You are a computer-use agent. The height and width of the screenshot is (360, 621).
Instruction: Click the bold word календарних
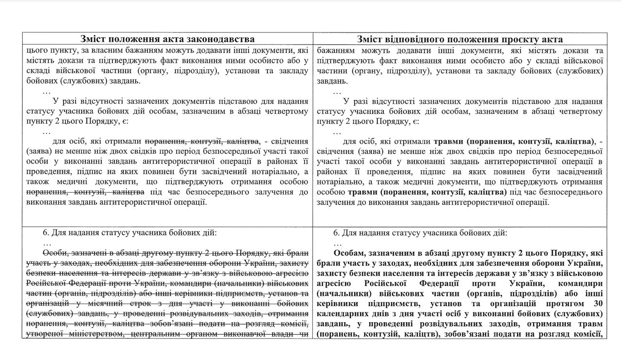click(346, 314)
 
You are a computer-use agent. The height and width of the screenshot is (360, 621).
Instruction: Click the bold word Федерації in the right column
click(446, 284)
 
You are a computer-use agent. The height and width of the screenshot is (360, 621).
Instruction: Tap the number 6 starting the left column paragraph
click(45, 233)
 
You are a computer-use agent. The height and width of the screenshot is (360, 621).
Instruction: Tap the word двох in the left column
click(131, 151)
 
